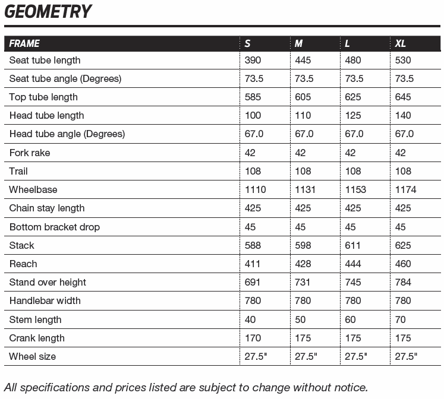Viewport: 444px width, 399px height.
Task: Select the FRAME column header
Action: click(25, 43)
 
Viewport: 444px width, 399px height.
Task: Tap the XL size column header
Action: click(401, 43)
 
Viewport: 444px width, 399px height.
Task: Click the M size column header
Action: click(299, 43)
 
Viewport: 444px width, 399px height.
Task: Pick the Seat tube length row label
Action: click(45, 60)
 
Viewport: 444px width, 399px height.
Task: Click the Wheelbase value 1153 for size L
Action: click(355, 189)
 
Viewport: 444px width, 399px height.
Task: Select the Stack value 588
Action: click(253, 245)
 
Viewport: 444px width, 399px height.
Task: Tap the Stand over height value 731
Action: click(303, 282)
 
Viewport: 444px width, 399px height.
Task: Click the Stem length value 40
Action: click(250, 319)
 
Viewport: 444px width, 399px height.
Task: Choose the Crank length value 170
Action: click(253, 338)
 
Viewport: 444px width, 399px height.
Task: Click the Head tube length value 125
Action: click(353, 115)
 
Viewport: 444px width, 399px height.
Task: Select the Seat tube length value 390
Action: click(253, 60)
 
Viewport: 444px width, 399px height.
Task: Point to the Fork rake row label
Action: click(30, 153)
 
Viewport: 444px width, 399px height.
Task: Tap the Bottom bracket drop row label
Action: click(55, 227)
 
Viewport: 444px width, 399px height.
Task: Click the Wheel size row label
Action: click(33, 356)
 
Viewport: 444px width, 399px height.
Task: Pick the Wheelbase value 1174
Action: click(406, 189)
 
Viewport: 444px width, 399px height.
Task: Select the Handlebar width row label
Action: click(45, 300)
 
